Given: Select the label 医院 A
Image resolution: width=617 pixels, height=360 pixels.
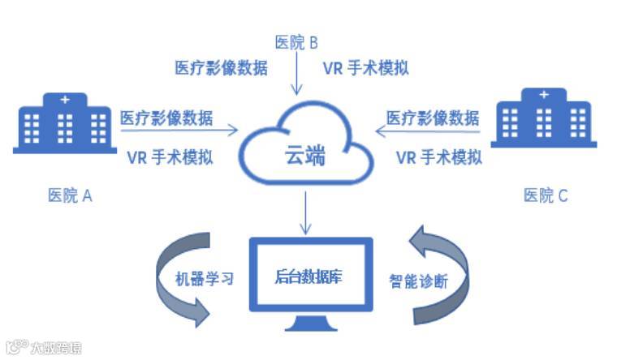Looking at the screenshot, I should coord(71,195).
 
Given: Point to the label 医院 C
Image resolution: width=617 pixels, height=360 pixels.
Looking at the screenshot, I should coord(546,195).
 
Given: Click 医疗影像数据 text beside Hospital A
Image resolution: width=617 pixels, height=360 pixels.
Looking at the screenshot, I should coord(167,118).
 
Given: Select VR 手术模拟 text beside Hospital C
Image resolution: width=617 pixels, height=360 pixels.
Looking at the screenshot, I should coord(438,157).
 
